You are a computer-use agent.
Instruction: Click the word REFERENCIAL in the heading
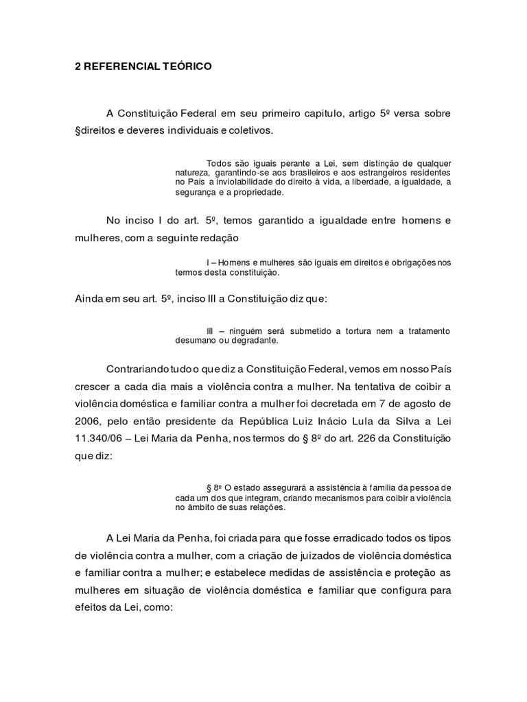pos(119,67)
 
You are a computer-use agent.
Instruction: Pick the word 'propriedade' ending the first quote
pos(257,193)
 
